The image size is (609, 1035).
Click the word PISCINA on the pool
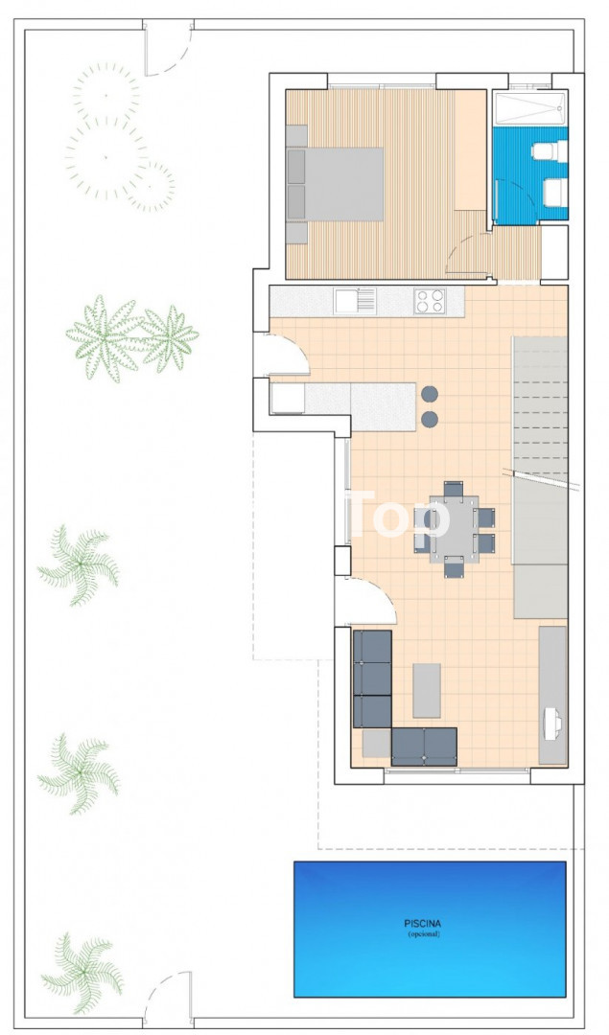click(422, 924)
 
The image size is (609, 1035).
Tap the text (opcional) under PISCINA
click(423, 934)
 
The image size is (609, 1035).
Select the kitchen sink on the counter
click(355, 301)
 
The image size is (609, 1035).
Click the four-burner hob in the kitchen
click(430, 301)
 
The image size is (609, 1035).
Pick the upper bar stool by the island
click(430, 394)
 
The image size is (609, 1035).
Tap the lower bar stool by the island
click(430, 419)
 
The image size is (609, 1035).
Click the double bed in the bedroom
click(336, 184)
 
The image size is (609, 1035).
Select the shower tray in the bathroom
click(531, 106)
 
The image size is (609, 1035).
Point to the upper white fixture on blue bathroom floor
click(550, 151)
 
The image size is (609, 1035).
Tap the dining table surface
click(453, 529)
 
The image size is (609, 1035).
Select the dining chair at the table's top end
click(453, 489)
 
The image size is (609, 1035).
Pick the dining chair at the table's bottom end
click(454, 567)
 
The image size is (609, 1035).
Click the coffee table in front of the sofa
click(427, 690)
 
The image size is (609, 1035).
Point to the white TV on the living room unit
click(552, 723)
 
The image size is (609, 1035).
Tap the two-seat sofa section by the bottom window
click(424, 747)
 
